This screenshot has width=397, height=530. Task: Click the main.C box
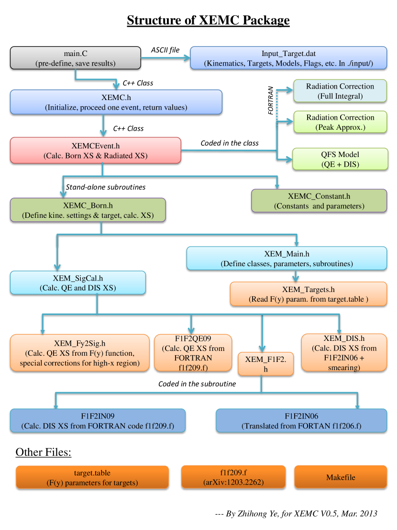coord(75,58)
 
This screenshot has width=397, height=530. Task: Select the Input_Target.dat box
coord(288,58)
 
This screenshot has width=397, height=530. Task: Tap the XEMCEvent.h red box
coord(96,150)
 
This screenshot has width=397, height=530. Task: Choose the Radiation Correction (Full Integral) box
coord(340,91)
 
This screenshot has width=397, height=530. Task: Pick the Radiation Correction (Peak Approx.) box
coord(340,122)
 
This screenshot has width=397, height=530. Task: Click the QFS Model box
coord(340,159)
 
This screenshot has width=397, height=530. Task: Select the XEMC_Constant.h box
coord(319,201)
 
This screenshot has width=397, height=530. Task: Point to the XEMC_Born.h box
coord(88,210)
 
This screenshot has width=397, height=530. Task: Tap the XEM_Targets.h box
coord(308,294)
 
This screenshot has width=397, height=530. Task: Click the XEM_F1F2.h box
coord(265,364)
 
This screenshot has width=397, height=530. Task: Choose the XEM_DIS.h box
coord(344,352)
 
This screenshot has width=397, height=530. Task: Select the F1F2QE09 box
coord(193,352)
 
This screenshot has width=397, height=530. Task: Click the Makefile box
coord(341,477)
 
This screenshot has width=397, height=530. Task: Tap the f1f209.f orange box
coord(233,477)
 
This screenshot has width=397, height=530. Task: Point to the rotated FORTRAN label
coord(270,101)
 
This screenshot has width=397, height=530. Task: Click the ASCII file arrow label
coord(165,50)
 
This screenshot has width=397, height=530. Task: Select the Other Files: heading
coord(44,452)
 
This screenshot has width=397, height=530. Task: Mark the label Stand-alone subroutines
coord(106,187)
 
